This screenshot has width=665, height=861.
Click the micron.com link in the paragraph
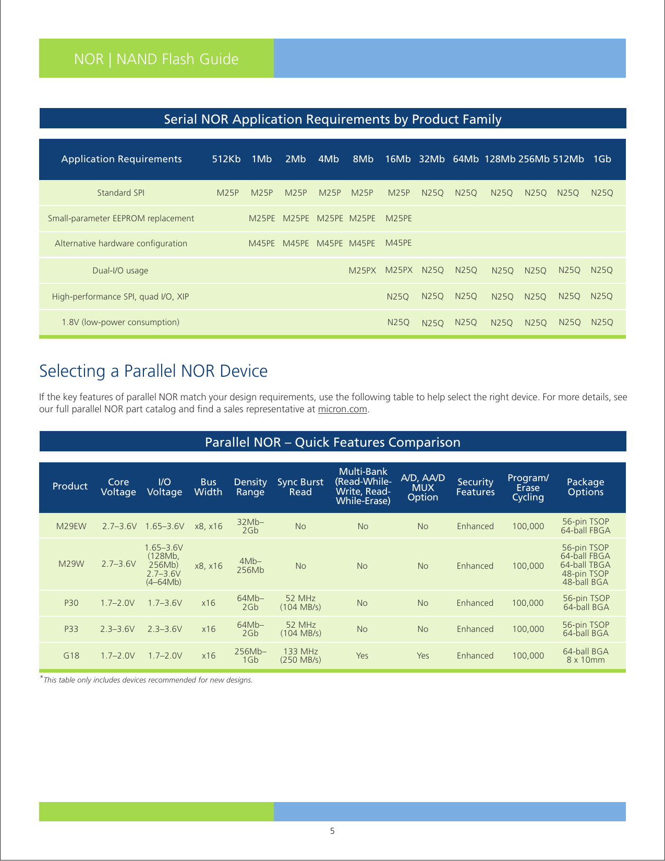pos(343,409)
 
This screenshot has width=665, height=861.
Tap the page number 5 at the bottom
pos(332,831)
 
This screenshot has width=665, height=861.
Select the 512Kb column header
pos(226,159)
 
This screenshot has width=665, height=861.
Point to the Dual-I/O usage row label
pos(120,270)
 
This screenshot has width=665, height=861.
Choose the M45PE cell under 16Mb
pos(398,243)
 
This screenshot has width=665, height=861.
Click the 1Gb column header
pos(602,159)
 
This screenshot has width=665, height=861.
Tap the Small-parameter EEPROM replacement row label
pos(121,218)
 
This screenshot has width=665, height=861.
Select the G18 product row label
pos(71,655)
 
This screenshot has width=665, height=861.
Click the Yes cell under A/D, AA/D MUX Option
pos(423,655)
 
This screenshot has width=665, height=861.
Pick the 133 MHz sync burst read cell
pos(300,655)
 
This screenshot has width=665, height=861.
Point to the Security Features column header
pos(475,487)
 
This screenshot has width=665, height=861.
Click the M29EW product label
pos(71,526)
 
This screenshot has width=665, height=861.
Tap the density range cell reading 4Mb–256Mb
pos(250,566)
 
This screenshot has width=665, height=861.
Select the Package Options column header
pos(585,487)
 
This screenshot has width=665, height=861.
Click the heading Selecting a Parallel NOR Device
pos(153,371)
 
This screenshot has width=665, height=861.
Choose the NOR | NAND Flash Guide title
pos(156,59)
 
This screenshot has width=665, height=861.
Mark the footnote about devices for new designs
pos(148,680)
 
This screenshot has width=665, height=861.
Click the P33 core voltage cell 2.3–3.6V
pos(118,629)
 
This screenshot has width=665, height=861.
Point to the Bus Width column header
pos(208,487)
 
